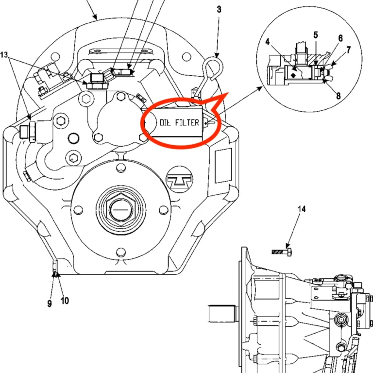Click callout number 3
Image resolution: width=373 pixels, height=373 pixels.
(x=219, y=9)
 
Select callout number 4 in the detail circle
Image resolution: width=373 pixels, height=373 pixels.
(x=268, y=43)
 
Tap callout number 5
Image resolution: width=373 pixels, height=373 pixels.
(x=316, y=35)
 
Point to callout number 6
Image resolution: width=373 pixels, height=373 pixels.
(x=340, y=38)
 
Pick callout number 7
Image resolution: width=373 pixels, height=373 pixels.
(x=348, y=50)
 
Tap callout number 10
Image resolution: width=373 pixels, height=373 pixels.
(x=65, y=301)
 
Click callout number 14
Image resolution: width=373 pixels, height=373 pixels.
(x=302, y=209)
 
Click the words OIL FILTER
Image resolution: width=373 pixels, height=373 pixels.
(x=179, y=122)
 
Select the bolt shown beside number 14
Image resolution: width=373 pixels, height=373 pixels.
(x=282, y=252)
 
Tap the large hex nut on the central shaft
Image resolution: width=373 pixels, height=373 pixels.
(x=119, y=209)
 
